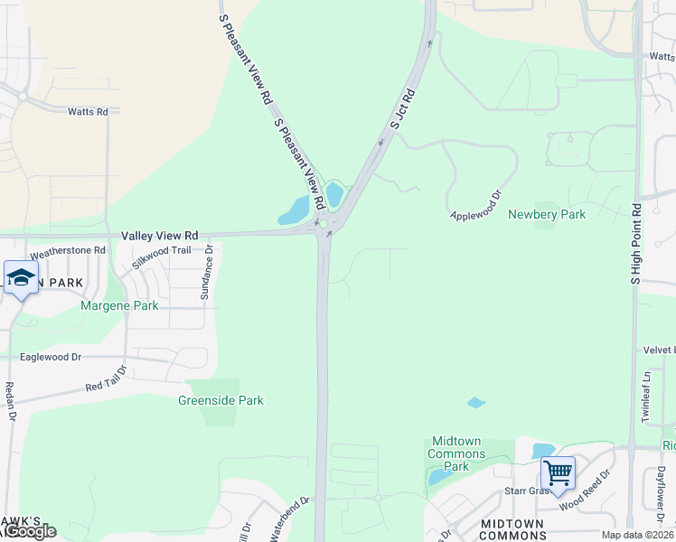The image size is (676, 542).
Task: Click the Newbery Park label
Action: click(547, 214)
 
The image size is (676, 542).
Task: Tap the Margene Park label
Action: click(120, 305)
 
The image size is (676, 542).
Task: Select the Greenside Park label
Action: click(221, 399)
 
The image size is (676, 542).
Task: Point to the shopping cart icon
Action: click(559, 472)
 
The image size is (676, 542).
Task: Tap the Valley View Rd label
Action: click(160, 234)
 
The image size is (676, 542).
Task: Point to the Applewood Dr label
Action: click(475, 205)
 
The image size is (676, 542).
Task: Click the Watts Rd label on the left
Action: click(88, 112)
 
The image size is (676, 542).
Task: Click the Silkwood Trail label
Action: click(162, 256)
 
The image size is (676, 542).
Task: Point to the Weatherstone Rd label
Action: click(61, 250)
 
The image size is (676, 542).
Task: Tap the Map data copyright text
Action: click(637, 535)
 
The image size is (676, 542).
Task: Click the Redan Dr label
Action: click(12, 401)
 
